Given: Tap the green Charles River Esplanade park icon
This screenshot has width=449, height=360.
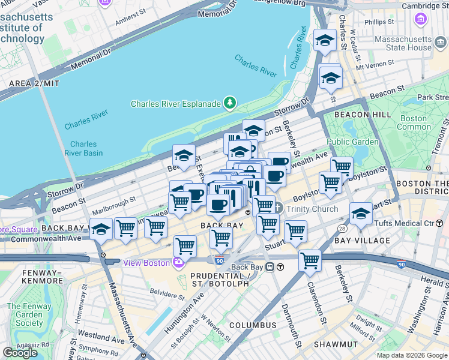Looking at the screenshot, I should click(x=229, y=103).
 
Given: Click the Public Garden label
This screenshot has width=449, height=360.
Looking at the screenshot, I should click(x=353, y=142).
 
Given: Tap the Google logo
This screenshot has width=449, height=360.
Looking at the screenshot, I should click(x=20, y=353).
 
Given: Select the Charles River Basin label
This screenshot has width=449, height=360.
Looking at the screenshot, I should click(x=83, y=148).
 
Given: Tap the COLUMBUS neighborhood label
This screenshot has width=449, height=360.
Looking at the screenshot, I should click(x=252, y=325).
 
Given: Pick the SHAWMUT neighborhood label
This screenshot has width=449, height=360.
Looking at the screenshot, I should click(x=339, y=344).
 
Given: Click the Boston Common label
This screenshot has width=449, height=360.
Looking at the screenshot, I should click(x=414, y=122).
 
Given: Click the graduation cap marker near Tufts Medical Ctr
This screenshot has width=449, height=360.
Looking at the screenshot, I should click(x=361, y=214).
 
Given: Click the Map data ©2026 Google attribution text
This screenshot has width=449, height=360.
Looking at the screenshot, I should click(x=411, y=355).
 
